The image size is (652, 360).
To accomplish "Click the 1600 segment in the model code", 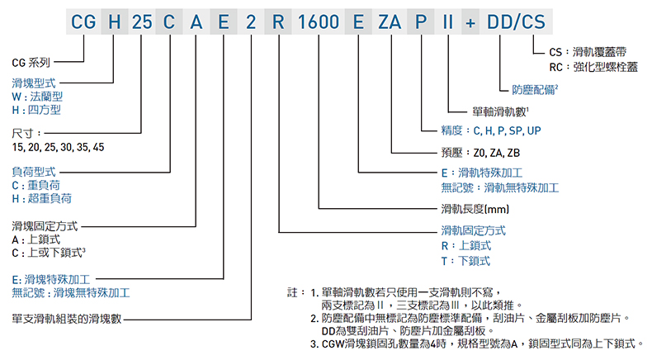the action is (x=319, y=21).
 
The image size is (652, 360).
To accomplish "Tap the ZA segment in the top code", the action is (x=390, y=21).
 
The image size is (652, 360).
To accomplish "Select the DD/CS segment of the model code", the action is (x=516, y=21).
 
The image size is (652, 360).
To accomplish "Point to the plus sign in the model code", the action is (x=470, y=23).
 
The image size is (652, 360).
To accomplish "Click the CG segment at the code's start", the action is (x=83, y=21).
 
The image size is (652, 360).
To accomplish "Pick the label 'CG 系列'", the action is (x=31, y=63).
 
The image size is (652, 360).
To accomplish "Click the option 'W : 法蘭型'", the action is (x=37, y=97).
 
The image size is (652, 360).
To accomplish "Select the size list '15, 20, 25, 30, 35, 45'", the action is (x=59, y=147).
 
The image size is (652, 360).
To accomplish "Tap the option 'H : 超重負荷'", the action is (x=41, y=198).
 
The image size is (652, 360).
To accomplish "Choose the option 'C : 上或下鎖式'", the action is (x=48, y=253).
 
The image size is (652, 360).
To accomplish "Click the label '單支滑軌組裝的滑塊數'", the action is (x=67, y=320).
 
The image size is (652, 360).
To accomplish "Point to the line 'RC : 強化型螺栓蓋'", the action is (x=593, y=67).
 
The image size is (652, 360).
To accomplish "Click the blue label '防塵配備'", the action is (x=533, y=89).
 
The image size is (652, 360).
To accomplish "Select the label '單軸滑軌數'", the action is (x=499, y=111).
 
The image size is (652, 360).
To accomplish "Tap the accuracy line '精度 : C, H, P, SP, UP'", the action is (x=491, y=130).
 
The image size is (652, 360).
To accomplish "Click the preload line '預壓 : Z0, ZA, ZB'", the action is (x=480, y=153).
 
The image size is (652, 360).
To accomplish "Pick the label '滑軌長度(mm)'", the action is (x=475, y=209).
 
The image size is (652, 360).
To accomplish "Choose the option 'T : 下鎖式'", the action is (x=465, y=261).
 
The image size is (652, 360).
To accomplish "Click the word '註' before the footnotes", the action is (x=292, y=292).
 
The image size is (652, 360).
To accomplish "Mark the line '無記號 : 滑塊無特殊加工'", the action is (x=71, y=293).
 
